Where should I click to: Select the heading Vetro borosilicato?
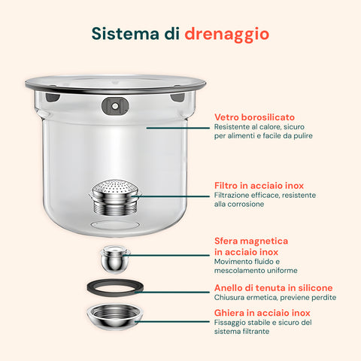tap(253, 117)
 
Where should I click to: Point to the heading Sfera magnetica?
tap(250, 241)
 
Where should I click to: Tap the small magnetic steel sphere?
tap(115, 259)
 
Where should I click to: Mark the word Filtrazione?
tap(234, 195)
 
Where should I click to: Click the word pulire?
tap(299, 136)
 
